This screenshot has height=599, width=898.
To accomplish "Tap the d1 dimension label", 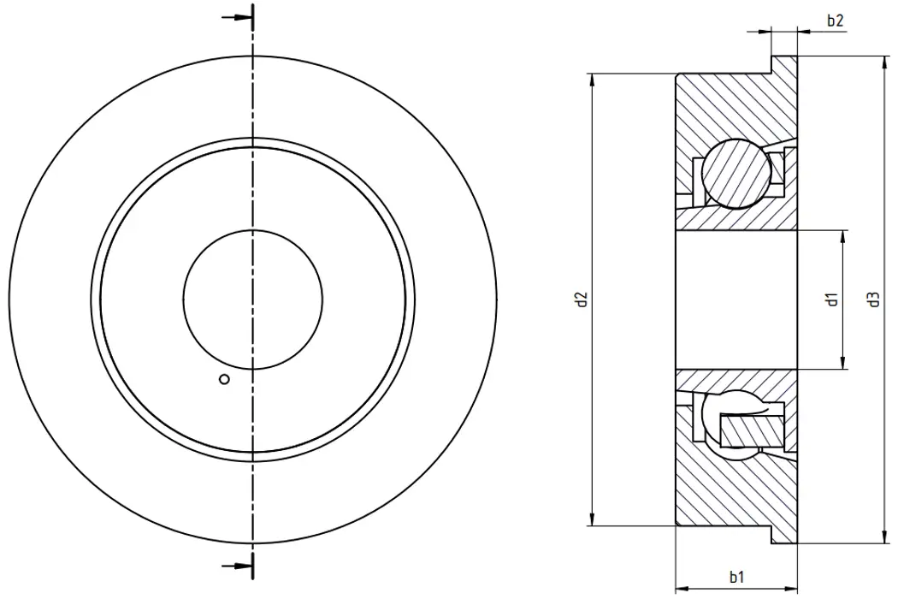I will pyautogui.click(x=830, y=299).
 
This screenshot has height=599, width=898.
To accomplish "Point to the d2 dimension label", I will pyautogui.click(x=582, y=299).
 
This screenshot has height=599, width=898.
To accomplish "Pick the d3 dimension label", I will pyautogui.click(x=873, y=299).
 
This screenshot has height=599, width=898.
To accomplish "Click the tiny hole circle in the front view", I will pyautogui.click(x=224, y=380).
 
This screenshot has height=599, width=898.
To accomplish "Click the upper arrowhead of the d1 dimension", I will pyautogui.click(x=843, y=236).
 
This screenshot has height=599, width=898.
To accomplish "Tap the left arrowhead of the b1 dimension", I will pyautogui.click(x=681, y=589).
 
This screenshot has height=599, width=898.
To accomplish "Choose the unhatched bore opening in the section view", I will pyautogui.click(x=736, y=299).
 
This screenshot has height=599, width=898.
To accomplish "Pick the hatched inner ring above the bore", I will pyautogui.click(x=736, y=218).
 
